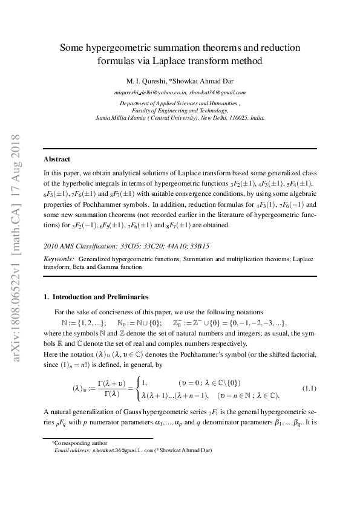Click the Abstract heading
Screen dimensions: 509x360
tap(56, 160)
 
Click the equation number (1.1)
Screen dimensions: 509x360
tap(310, 387)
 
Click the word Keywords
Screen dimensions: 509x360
tap(59, 258)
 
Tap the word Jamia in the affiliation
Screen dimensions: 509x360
tap(103, 118)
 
